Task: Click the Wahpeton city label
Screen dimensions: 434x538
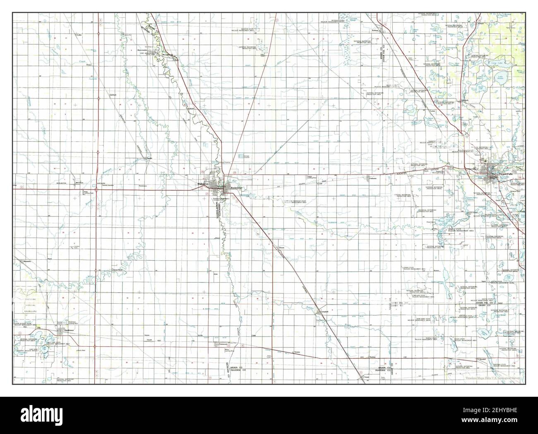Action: pos(204,184)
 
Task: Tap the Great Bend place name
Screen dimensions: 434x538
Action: pos(118,270)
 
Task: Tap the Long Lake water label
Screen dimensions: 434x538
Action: pos(496,63)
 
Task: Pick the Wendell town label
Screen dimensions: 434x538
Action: pos(482,359)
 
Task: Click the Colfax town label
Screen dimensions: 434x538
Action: pos(79,35)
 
